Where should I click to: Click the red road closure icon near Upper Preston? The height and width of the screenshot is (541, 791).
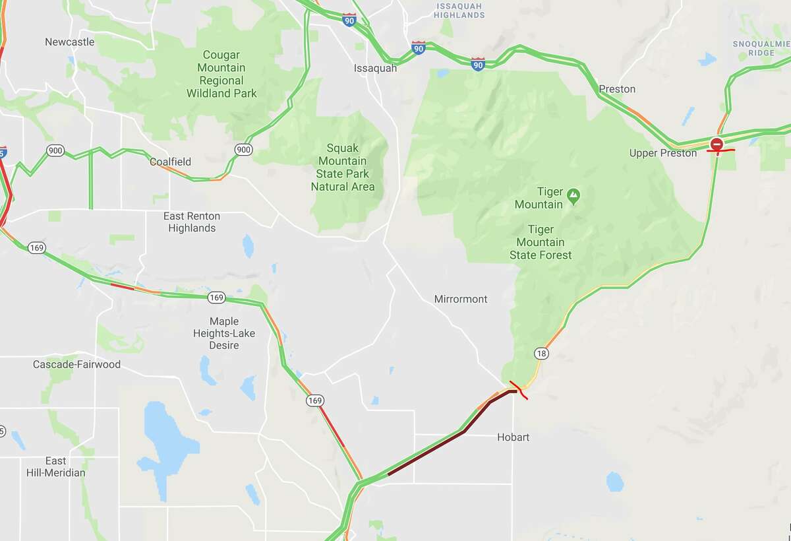tap(717, 143)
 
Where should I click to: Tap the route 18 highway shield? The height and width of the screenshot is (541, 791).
tap(541, 354)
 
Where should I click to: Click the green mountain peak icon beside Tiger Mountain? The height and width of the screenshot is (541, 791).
tap(573, 195)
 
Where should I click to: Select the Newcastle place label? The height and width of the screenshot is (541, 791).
tap(69, 42)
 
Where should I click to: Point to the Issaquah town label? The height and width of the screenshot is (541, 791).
tap(375, 68)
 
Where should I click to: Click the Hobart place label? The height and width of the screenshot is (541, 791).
tap(513, 437)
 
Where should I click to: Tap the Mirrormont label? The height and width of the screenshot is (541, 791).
tap(461, 299)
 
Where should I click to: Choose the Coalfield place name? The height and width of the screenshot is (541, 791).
tap(170, 162)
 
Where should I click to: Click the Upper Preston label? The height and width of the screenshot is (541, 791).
tap(662, 153)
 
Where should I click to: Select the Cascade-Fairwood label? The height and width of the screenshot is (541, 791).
tap(76, 364)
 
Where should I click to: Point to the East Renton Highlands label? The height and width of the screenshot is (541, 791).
tap(192, 222)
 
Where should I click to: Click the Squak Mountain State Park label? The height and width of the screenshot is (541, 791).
tap(343, 168)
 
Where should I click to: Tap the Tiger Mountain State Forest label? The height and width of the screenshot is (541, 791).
tap(541, 242)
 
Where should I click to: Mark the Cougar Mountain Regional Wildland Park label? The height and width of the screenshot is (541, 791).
tap(221, 74)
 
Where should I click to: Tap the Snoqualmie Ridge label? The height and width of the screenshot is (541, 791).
tap(761, 48)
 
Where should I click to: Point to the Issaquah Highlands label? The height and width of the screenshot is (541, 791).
tap(459, 11)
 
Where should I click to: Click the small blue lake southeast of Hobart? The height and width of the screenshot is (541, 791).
tap(614, 482)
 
